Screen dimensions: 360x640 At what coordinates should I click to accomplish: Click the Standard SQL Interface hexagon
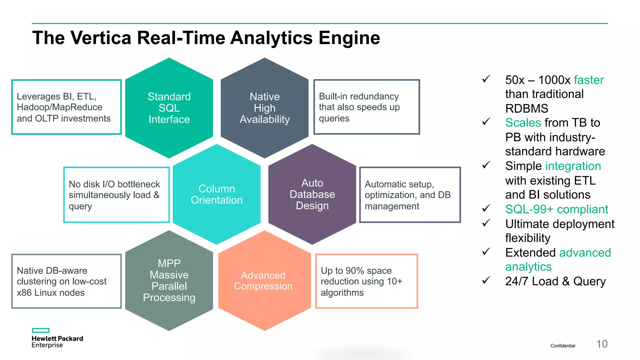(x=169, y=108)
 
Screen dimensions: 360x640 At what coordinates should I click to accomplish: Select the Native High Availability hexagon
(x=264, y=108)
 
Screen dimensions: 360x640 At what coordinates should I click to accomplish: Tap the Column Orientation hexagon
(x=217, y=194)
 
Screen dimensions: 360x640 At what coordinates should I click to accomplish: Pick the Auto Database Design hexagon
(x=312, y=194)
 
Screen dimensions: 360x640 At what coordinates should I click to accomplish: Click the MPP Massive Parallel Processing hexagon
(x=169, y=280)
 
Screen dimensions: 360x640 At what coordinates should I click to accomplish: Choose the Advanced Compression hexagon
(x=264, y=280)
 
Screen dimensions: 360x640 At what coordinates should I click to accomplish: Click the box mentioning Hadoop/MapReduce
(x=66, y=107)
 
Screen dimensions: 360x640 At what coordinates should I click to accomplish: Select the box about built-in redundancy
(x=366, y=107)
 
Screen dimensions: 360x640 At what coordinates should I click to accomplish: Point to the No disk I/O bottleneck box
(x=116, y=195)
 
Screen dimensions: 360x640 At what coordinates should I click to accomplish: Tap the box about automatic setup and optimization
(x=410, y=195)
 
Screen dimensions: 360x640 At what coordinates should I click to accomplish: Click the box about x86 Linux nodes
(x=66, y=281)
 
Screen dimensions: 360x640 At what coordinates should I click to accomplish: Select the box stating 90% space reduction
(x=366, y=281)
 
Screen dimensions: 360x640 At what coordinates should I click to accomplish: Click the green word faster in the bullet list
(x=589, y=80)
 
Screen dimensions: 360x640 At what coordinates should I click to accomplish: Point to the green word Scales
(x=523, y=122)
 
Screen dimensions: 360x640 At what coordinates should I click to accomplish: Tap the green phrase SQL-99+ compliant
(x=557, y=209)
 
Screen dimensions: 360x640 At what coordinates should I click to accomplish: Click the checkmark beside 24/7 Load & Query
(x=486, y=280)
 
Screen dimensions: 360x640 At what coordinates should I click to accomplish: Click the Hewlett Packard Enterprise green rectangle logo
(x=41, y=330)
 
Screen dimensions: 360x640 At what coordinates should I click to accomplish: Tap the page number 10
(x=602, y=344)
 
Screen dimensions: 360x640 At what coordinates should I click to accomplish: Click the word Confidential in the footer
(x=562, y=346)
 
